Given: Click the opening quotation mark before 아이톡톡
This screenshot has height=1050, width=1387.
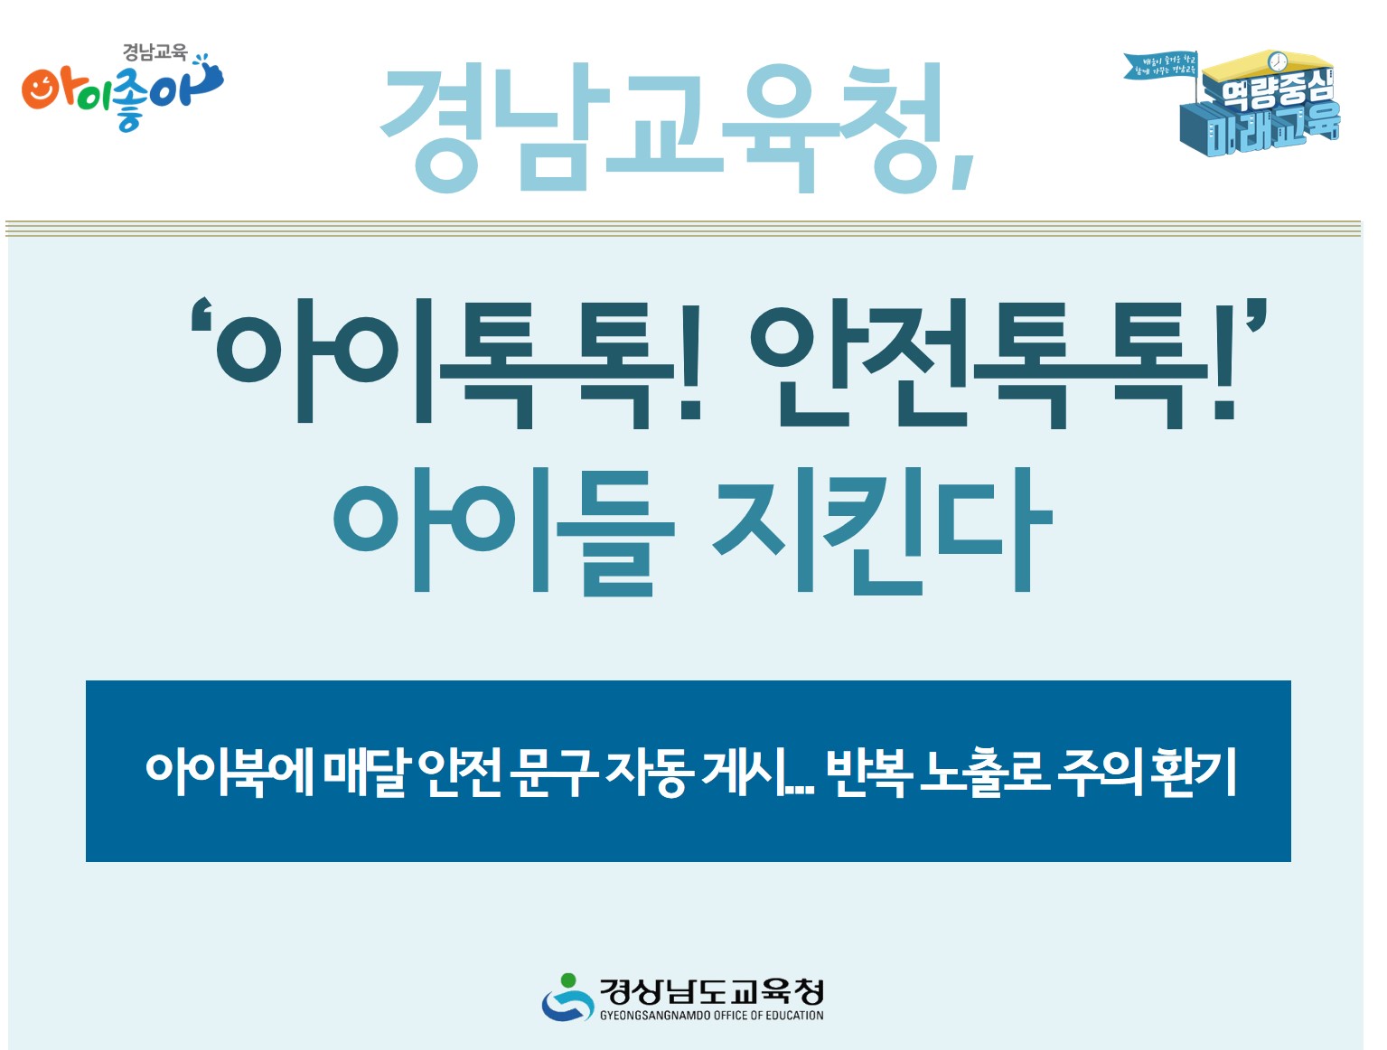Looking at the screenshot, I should [x=201, y=322].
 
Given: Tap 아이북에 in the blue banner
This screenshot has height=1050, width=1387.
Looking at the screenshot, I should [x=229, y=773].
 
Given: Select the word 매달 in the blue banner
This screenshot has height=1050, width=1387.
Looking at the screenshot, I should [x=366, y=773].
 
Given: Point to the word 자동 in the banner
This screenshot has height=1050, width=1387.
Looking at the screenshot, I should [x=649, y=773].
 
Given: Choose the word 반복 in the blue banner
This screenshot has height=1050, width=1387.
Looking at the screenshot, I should [x=865, y=773].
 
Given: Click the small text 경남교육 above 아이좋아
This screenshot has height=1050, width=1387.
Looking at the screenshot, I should [x=155, y=53].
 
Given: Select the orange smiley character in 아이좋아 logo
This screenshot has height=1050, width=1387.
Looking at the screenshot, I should [x=41, y=89].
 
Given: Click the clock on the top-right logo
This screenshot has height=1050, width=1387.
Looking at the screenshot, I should [x=1277, y=61].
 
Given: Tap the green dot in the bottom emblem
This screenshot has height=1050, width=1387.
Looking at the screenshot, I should [x=567, y=980].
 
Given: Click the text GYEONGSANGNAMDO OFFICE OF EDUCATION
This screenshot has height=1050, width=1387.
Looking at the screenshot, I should [x=711, y=1016].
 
